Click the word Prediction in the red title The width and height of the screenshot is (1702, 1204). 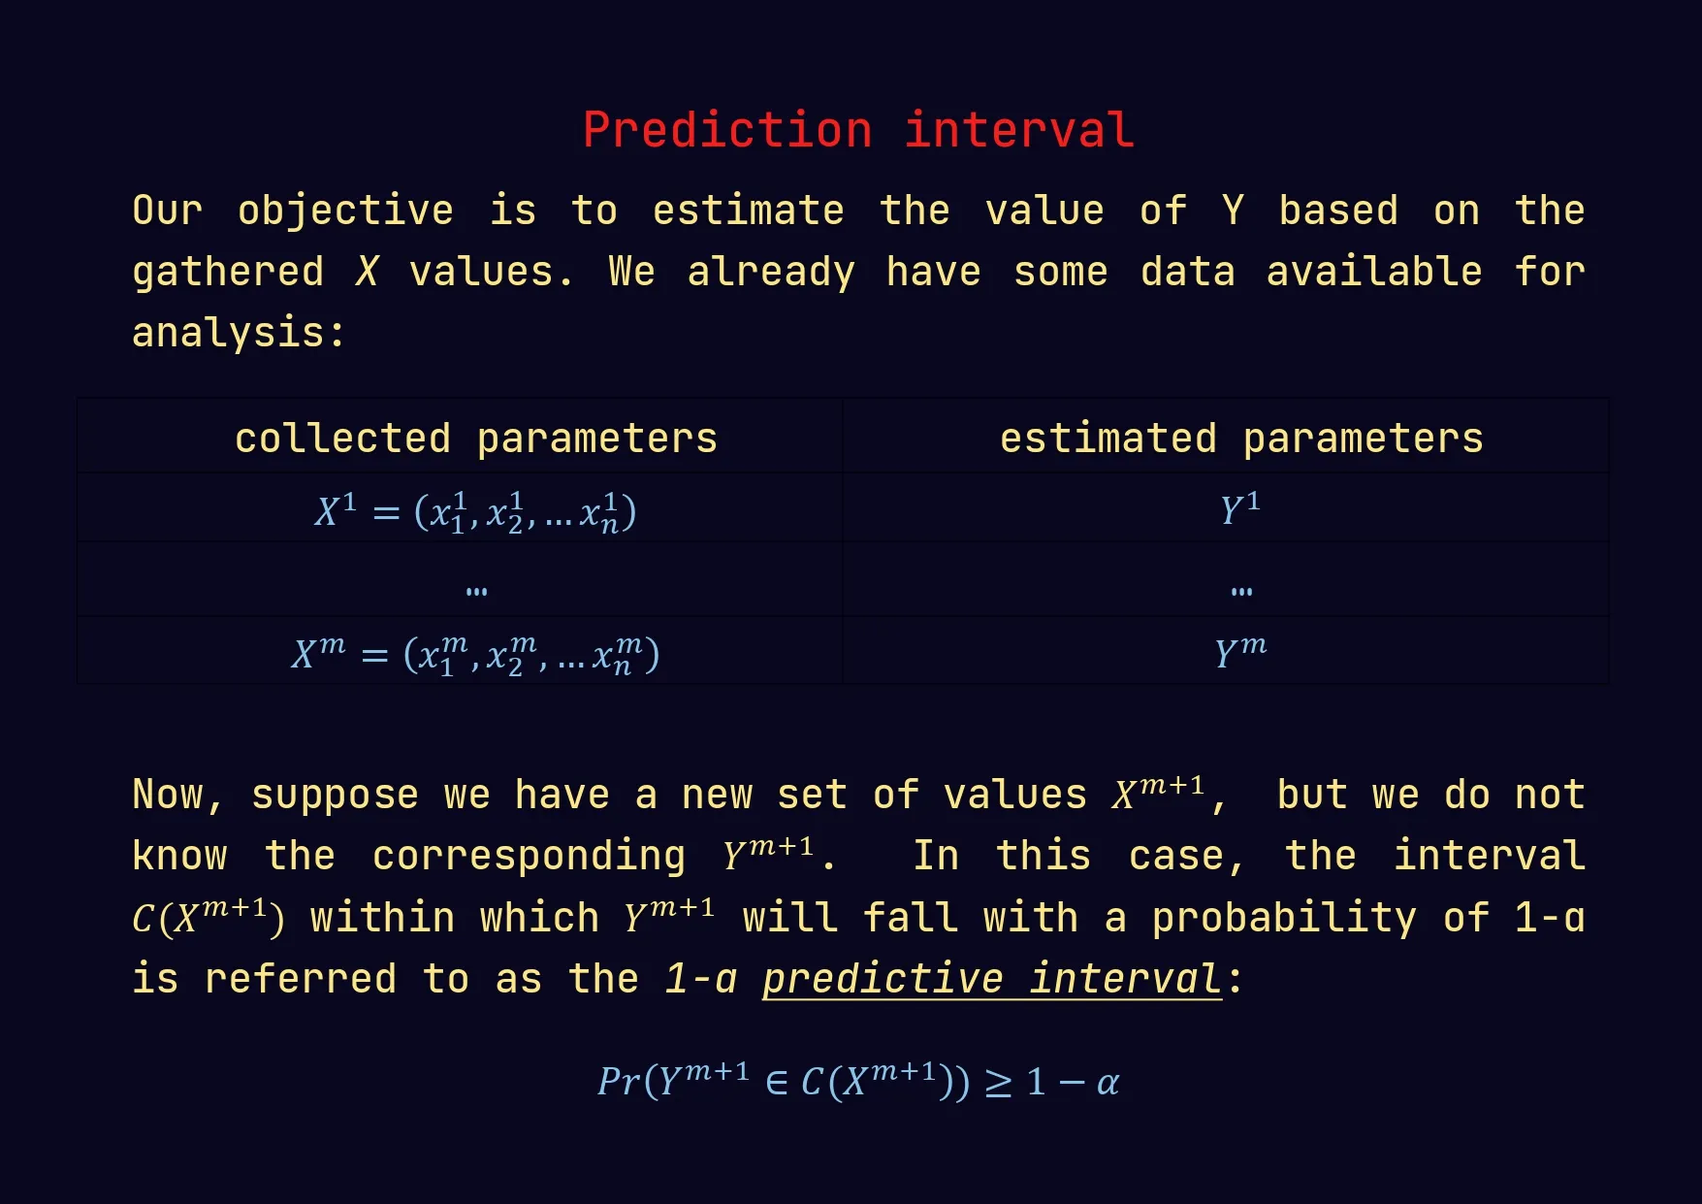click(x=727, y=130)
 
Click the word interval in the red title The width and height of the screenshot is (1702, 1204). click(x=1019, y=130)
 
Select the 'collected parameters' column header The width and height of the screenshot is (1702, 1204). click(x=476, y=439)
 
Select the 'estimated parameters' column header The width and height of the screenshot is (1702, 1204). click(x=1241, y=439)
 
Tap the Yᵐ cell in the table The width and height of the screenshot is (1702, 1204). click(x=1241, y=650)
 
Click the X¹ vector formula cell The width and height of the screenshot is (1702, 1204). click(x=475, y=511)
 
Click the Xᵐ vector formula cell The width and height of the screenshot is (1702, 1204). click(x=475, y=654)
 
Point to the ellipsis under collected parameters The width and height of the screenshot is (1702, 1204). click(x=476, y=591)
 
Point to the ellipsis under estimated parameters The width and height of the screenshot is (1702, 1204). click(x=1241, y=591)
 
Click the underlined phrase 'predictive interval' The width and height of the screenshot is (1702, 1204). click(x=991, y=979)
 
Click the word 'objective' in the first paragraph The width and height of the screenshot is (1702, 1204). click(x=345, y=211)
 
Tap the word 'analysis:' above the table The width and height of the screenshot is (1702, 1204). click(x=239, y=333)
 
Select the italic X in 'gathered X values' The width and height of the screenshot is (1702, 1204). click(x=367, y=272)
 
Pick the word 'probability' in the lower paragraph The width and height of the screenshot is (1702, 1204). click(x=1284, y=918)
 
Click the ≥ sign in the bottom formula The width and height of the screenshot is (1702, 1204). click(x=999, y=1083)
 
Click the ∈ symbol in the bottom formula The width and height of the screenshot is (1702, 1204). click(x=777, y=1083)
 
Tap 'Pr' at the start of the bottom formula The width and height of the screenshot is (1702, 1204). click(x=620, y=1081)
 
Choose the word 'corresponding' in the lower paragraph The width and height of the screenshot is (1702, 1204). click(x=529, y=857)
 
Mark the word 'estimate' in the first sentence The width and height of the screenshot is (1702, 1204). click(x=748, y=211)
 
